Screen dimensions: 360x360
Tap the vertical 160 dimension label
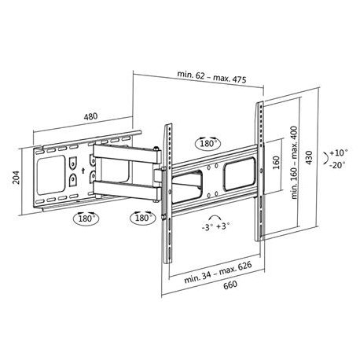(x=276, y=165)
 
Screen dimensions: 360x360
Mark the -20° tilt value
(x=338, y=165)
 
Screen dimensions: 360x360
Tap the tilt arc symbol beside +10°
(x=326, y=158)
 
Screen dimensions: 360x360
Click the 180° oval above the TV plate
(x=209, y=145)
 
